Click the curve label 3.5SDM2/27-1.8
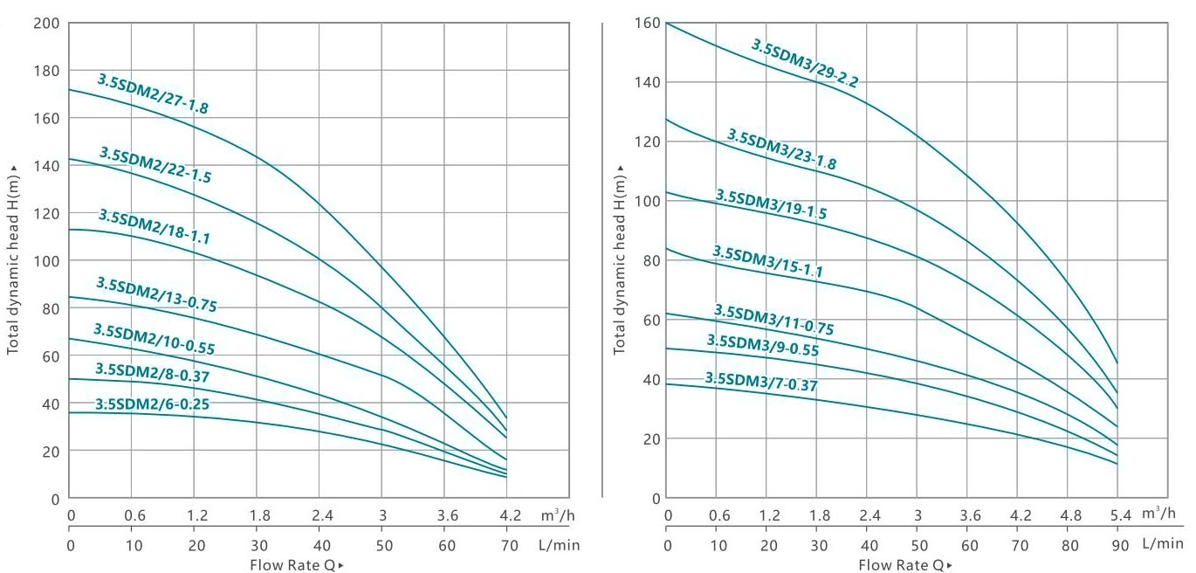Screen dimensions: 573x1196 [x=153, y=94]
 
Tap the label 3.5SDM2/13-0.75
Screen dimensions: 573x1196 [x=156, y=295]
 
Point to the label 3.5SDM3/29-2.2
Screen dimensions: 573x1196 [x=805, y=63]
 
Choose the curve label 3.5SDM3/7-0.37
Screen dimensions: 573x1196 [x=761, y=382]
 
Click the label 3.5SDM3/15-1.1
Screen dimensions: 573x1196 [x=767, y=262]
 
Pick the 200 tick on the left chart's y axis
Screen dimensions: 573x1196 [x=45, y=22]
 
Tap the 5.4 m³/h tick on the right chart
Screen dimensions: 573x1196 [x=1116, y=515]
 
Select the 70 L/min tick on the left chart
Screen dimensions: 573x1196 [x=505, y=545]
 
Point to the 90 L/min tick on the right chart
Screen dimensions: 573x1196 [x=1116, y=544]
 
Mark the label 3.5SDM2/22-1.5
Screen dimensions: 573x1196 [x=155, y=165]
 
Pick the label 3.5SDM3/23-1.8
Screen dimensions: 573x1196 [x=781, y=149]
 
